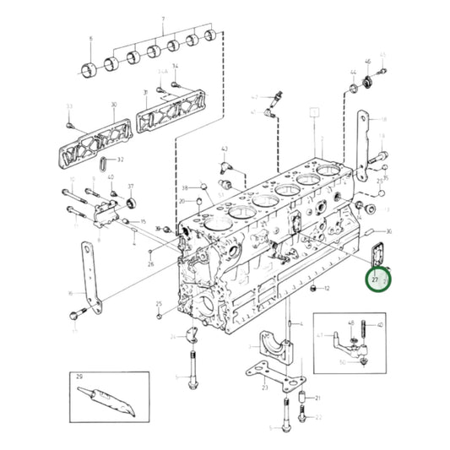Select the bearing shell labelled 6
pos(89,68)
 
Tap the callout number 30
pos(112,106)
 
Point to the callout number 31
pos(145,92)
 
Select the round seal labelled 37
pos(131,203)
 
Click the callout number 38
pos(184,187)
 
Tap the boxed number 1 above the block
pos(315,111)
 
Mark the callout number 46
pos(368,62)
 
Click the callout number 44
pos(352,72)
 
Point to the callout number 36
pos(388,230)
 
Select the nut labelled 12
pos(314,290)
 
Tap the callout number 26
pos(150,264)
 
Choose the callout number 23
pos(264,387)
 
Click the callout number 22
pos(318,417)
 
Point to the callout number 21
pos(318,398)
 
